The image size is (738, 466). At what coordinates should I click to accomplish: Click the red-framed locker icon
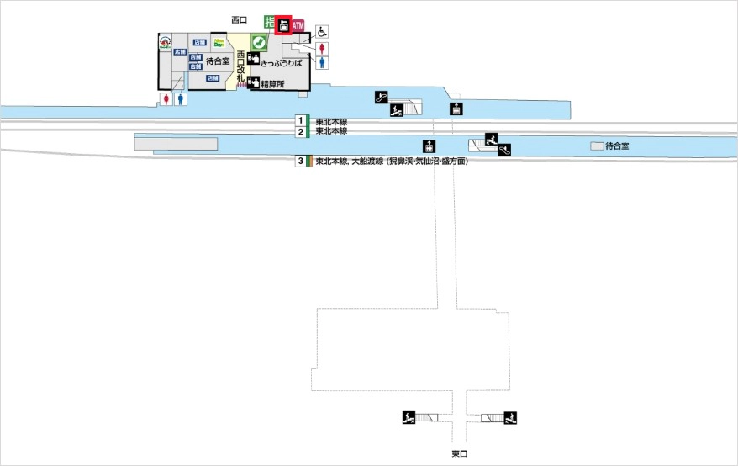tap(283, 26)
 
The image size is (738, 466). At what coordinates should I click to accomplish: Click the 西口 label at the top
tap(240, 19)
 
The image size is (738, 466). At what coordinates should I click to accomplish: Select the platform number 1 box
tap(300, 121)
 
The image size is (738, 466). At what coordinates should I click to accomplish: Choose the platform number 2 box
tap(300, 132)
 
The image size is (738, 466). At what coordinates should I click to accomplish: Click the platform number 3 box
tap(300, 161)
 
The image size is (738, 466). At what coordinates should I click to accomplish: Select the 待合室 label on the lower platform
tap(617, 146)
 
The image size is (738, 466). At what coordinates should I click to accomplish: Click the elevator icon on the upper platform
tap(456, 108)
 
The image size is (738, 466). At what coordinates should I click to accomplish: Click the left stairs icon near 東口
tap(409, 417)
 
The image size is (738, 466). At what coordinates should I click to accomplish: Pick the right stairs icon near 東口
tap(510, 417)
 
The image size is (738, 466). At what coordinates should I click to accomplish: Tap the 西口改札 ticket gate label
tap(241, 68)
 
